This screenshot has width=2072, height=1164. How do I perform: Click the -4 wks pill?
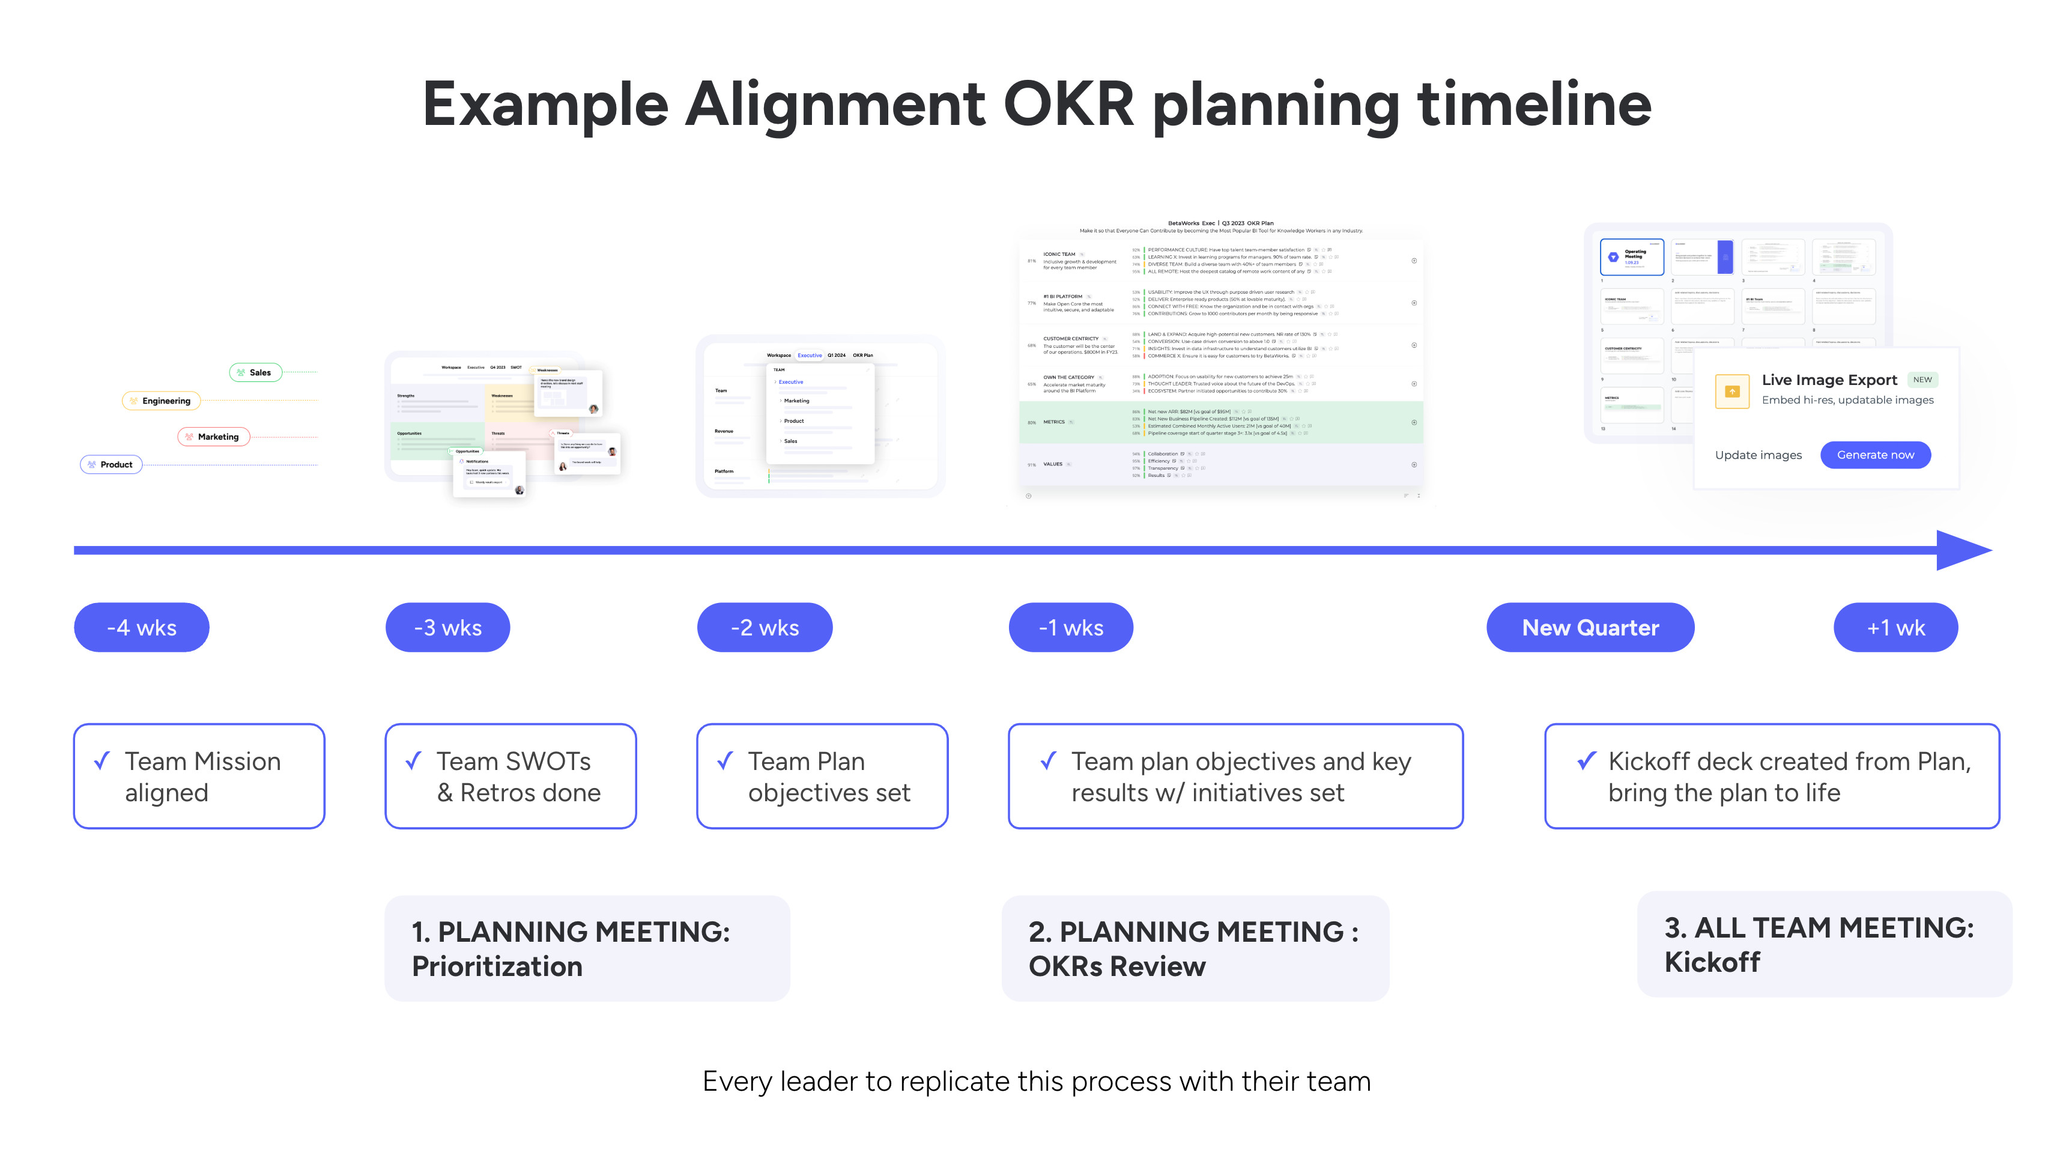coord(142,628)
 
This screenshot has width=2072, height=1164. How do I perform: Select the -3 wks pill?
coord(447,628)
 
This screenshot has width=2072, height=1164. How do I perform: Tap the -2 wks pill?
coord(764,628)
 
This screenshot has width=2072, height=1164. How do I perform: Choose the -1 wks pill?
coord(1071,628)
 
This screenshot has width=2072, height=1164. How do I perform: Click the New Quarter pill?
coord(1590,628)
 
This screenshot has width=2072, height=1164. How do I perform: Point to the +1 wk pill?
coord(1895,628)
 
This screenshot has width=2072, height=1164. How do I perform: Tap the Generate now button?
coord(1875,455)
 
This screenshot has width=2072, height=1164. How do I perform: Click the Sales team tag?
coord(255,372)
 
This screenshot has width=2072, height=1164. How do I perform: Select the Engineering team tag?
coord(161,401)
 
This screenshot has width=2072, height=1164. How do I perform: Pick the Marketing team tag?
coord(213,437)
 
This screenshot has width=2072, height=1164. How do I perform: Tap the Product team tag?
coord(111,464)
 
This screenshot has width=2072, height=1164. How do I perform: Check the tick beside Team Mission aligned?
coord(102,760)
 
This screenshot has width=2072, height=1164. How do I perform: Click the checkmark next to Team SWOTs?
coord(413,760)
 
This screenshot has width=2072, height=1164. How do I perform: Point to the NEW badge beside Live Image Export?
coord(1922,380)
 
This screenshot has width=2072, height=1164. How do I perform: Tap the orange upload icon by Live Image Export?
coord(1731,392)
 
